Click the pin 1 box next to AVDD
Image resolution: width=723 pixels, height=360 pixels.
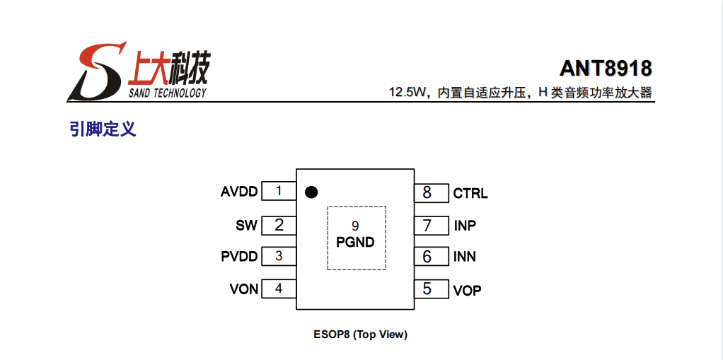pos(279,191)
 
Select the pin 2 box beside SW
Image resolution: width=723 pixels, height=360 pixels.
pos(279,225)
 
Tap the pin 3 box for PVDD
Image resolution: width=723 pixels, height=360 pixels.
pos(279,256)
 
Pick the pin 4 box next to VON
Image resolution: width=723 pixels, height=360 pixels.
pos(279,289)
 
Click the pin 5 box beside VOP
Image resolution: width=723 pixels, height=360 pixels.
pos(431,289)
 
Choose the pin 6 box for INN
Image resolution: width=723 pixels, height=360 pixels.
pos(431,256)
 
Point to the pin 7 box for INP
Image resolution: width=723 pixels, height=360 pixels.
pos(431,226)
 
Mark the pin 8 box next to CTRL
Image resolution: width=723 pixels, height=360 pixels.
pos(431,192)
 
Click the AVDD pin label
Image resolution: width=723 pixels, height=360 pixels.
pos(239,192)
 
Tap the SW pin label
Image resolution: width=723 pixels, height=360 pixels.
pos(246,226)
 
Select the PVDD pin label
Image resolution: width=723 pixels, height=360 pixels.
pos(239,257)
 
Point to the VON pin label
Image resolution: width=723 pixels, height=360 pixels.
pos(243,289)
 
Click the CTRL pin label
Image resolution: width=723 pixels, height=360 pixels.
pos(470,193)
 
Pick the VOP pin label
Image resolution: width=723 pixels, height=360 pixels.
pos(467,290)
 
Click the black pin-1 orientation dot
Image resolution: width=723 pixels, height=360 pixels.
pos(310,192)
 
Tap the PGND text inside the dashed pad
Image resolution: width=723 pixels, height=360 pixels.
pos(355,242)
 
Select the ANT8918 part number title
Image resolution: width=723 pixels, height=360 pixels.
pos(606,69)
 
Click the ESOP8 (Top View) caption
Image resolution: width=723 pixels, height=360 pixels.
pos(360,335)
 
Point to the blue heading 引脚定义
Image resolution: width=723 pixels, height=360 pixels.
pos(103,129)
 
